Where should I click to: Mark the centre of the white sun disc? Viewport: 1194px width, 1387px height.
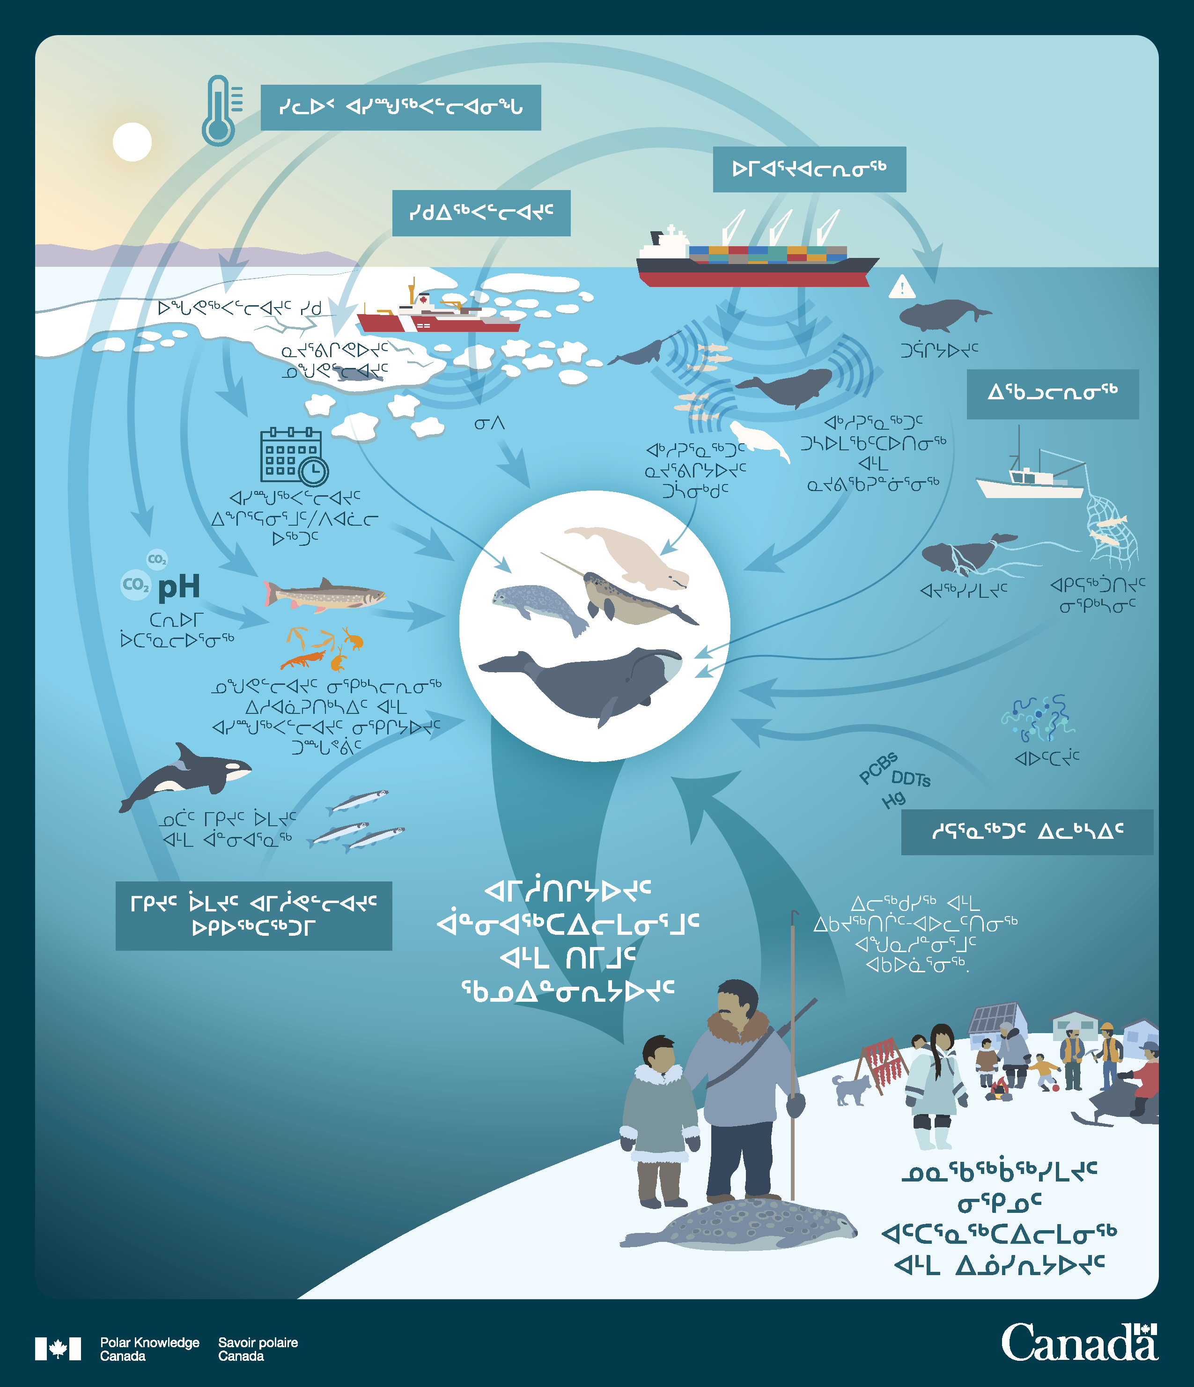pos(133,142)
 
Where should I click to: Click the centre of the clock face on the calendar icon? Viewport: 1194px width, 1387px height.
pos(313,471)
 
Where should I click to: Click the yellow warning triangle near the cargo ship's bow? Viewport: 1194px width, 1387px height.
pos(902,286)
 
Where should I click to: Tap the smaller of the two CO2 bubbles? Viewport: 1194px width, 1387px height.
pos(157,559)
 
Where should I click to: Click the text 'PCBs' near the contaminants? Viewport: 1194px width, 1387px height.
pos(878,768)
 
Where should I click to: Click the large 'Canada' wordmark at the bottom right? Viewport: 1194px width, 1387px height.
pos(1079,1343)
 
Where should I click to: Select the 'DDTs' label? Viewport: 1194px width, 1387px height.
pos(911,779)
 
